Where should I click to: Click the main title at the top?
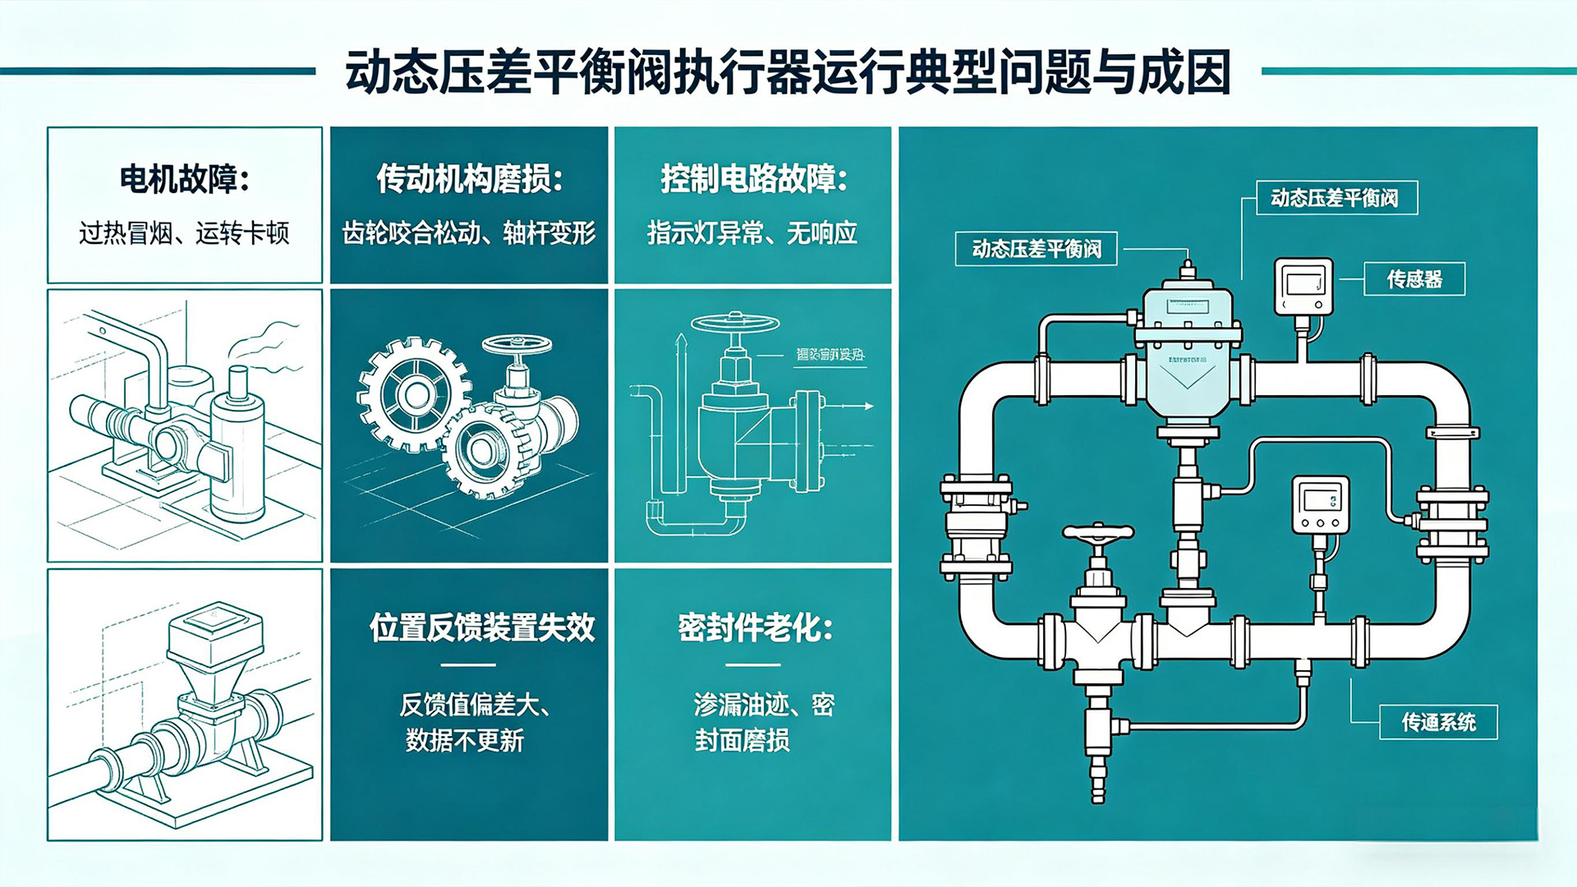[788, 72]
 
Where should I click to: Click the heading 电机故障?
[184, 179]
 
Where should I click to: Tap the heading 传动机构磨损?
[469, 179]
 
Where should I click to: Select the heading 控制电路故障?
[753, 179]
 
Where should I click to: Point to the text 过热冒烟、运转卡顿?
[184, 234]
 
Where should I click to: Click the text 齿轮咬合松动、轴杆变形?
[469, 234]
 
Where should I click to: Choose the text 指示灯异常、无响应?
[752, 234]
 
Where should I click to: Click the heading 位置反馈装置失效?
[482, 628]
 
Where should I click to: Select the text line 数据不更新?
[465, 742]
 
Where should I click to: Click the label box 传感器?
[1414, 279]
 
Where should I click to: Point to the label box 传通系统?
[1438, 723]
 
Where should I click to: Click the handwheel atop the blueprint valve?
[735, 322]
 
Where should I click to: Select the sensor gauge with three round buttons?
[1320, 504]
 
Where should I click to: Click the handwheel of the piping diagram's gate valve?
[1098, 535]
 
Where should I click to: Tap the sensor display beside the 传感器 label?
[1303, 286]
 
